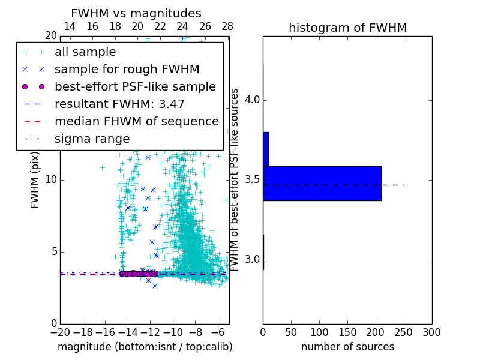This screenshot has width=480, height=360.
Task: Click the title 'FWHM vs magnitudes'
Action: [x=136, y=14]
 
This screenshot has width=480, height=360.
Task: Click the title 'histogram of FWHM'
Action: [x=347, y=28]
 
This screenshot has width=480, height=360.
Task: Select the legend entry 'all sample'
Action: [x=85, y=52]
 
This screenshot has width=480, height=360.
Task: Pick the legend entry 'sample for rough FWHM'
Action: [x=127, y=70]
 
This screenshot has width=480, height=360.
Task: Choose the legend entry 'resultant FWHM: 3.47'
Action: [x=119, y=104]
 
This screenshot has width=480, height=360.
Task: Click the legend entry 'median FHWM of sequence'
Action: [x=136, y=122]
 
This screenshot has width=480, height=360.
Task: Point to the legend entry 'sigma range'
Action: [x=92, y=139]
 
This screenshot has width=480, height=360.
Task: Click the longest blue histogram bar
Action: [x=322, y=183]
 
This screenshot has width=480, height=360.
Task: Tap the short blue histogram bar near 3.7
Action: [x=266, y=149]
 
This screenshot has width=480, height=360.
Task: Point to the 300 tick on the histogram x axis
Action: [x=431, y=332]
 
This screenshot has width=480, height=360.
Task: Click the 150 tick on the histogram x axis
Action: [x=347, y=332]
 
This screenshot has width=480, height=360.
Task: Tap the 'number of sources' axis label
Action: [x=347, y=347]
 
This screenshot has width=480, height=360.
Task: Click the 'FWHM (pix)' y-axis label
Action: [x=35, y=180]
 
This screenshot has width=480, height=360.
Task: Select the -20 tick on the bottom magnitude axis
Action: [x=60, y=332]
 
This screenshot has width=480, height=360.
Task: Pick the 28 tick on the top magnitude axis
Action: [x=227, y=27]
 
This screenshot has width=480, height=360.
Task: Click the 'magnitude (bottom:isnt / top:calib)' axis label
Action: [x=145, y=347]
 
